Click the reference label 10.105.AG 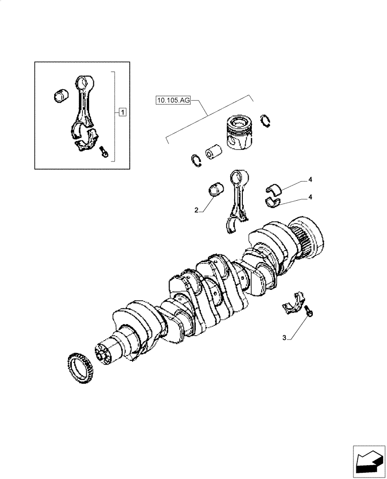pyautogui.click(x=173, y=100)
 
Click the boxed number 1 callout pyautogui.click(x=123, y=113)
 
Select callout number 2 pyautogui.click(x=196, y=210)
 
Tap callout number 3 pyautogui.click(x=284, y=338)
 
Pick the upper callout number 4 pyautogui.click(x=310, y=180)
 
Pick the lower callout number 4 pyautogui.click(x=310, y=196)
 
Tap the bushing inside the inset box pyautogui.click(x=60, y=95)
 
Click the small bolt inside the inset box pyautogui.click(x=103, y=152)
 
